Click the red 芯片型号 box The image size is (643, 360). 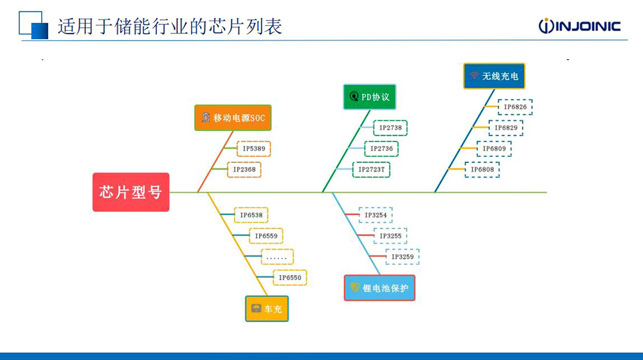coord(131,192)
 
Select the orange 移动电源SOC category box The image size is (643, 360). coord(233,118)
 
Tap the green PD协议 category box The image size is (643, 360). coord(370,97)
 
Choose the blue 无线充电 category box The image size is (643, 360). coord(494,76)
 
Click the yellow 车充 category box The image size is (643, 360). coord(267,309)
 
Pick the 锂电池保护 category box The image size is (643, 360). coord(379,288)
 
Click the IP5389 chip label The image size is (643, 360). coord(254,148)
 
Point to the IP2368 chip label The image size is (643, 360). coord(244,169)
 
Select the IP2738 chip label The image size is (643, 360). coord(390,127)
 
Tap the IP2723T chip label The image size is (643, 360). coord(372,169)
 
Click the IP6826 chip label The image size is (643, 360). coord(516,107)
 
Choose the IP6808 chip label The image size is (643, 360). coord(482,169)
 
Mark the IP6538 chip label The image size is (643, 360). coord(251,215)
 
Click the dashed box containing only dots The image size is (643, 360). coord(277,256)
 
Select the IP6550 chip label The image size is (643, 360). coord(290,278)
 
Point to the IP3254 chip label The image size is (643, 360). coord(376,215)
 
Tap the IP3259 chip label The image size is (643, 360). coord(403,256)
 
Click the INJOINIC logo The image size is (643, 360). coord(579,26)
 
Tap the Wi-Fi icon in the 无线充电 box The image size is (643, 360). coord(475,75)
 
